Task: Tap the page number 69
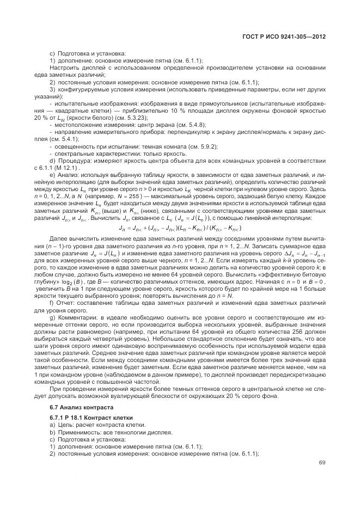[321, 463]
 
